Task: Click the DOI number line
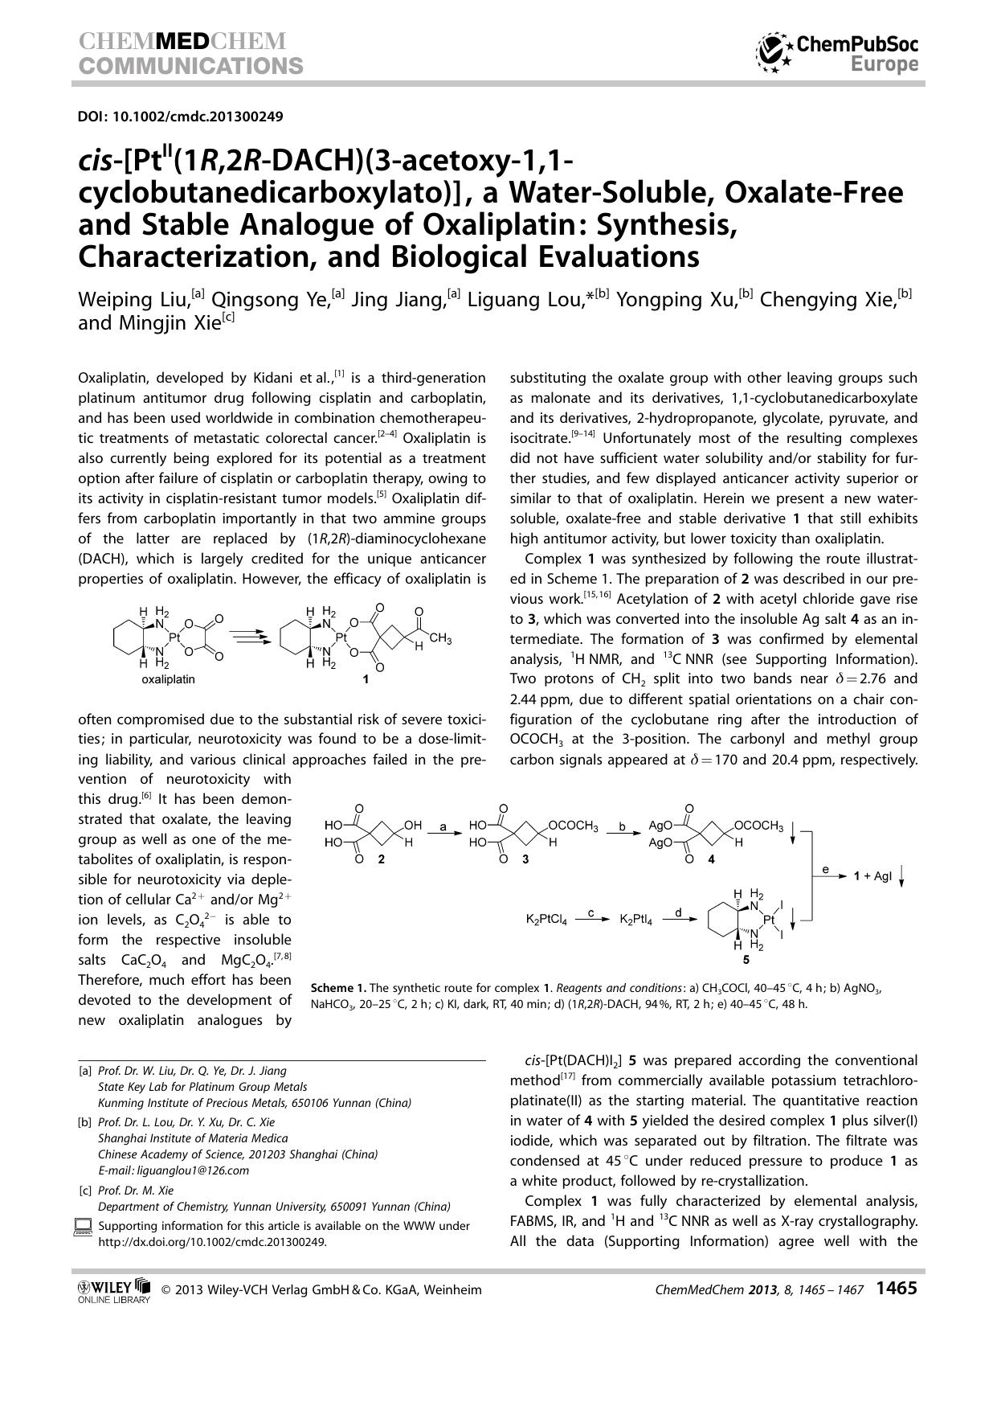tap(180, 117)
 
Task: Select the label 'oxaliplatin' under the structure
tap(168, 679)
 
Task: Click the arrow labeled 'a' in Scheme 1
tap(443, 834)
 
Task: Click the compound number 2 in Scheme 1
tap(381, 859)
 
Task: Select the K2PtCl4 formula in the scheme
tap(546, 920)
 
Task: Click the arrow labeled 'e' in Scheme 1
tap(832, 878)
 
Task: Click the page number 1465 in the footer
tap(896, 1289)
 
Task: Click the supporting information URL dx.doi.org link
tap(212, 1241)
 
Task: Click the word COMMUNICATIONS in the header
tap(190, 65)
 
